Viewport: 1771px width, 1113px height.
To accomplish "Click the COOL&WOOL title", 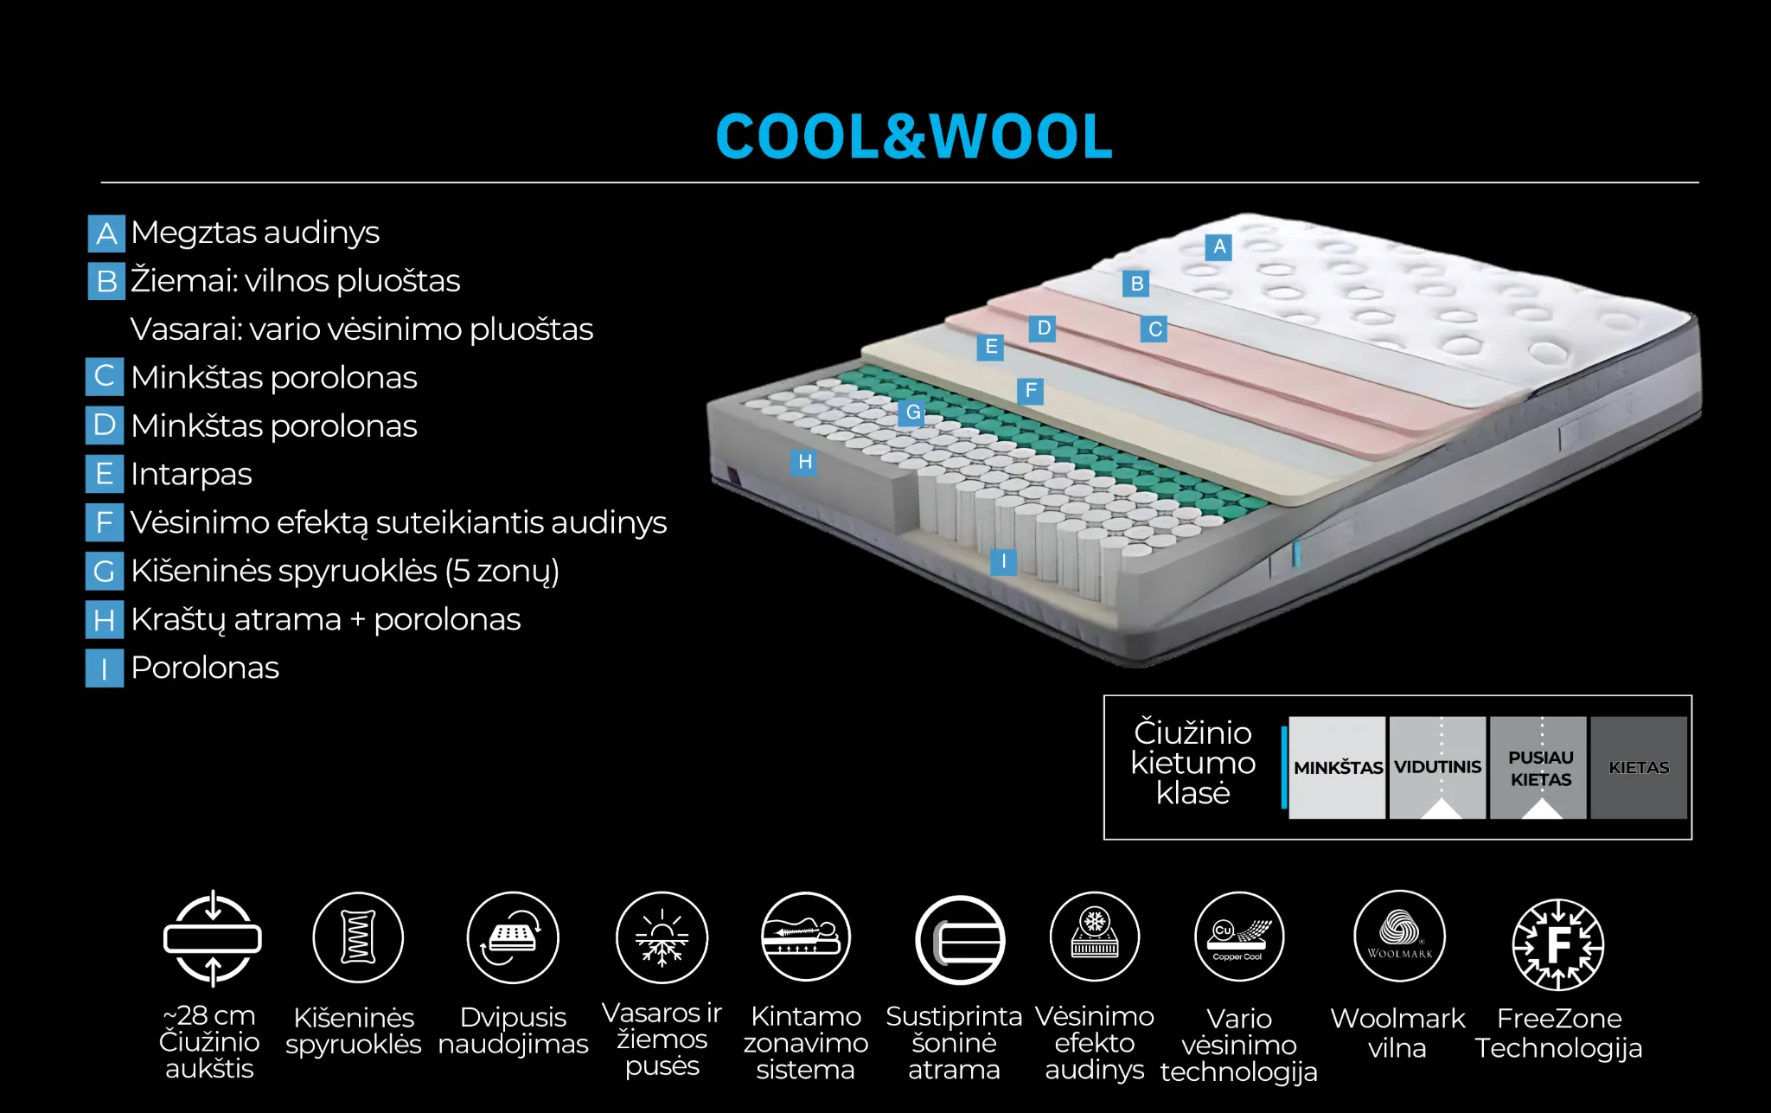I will coord(913,137).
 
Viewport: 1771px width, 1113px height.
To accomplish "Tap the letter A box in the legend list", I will coord(106,233).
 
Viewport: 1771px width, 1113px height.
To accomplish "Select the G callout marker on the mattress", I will coord(912,413).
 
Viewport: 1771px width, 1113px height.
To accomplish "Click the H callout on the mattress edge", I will coord(804,462).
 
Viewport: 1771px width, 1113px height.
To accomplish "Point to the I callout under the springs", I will coord(1003,562).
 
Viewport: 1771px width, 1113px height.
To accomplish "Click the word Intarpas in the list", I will coord(191,474).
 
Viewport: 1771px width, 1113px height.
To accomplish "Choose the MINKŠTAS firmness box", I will coord(1337,767).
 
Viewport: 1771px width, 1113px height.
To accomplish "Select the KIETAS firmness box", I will coord(1638,767).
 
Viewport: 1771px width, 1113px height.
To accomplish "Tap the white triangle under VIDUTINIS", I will coord(1441,809).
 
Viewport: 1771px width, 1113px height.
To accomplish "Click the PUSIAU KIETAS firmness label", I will coord(1540,767).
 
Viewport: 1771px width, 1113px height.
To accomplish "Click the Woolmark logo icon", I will coord(1399,937).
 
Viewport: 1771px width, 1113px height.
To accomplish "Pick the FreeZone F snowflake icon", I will coord(1557,944).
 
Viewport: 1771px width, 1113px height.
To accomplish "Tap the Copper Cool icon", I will coord(1238,937).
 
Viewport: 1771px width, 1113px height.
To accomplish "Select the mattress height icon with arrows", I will coord(213,938).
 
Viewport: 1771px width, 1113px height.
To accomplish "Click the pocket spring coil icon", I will coord(358,937).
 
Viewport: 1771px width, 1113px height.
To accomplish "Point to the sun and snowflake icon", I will coord(662,938).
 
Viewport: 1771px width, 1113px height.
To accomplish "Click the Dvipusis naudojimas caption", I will coord(513,1031).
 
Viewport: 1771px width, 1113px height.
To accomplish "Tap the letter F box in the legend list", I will coord(105,522).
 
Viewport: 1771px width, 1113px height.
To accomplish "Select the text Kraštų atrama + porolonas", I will coord(325,619).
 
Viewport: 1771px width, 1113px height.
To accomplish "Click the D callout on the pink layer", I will coord(1043,329).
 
